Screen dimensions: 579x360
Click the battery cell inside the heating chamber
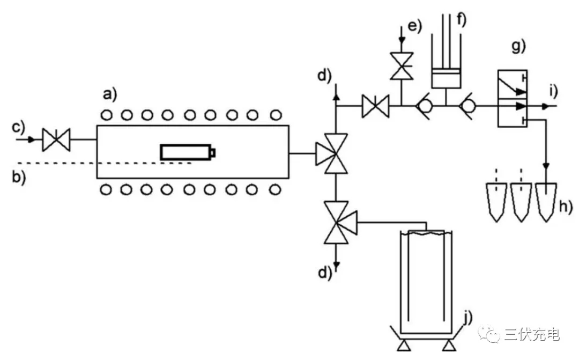coord(188,152)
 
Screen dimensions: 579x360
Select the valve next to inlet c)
coord(56,139)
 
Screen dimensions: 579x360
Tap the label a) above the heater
coord(110,95)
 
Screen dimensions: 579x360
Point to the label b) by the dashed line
coord(18,177)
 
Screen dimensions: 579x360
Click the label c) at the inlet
coord(18,127)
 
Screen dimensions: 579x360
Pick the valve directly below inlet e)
coord(402,66)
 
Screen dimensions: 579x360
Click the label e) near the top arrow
coord(414,27)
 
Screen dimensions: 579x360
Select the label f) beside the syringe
coord(462,19)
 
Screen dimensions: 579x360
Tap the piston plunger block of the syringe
coord(446,78)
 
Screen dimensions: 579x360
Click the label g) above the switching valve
coord(518,47)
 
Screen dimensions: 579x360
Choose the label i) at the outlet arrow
coord(553,91)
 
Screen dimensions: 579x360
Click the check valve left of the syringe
coord(424,106)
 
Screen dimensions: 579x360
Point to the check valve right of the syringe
coord(467,106)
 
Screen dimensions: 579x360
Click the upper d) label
coord(324,76)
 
